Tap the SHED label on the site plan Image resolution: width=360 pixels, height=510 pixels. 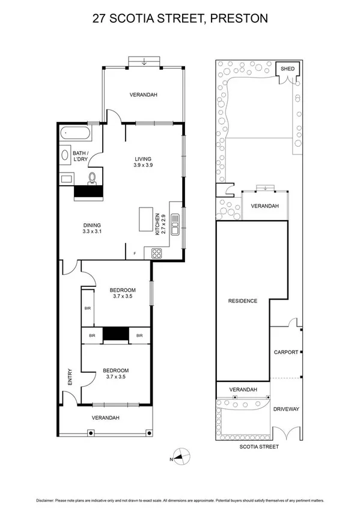pyautogui.click(x=287, y=69)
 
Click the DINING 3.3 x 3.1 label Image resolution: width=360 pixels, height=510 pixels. pyautogui.click(x=94, y=229)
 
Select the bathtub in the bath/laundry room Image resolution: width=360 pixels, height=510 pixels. pyautogui.click(x=76, y=133)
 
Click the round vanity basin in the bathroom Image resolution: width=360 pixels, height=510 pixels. pyautogui.click(x=65, y=156)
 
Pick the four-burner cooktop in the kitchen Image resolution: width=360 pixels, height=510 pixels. pyautogui.click(x=157, y=254)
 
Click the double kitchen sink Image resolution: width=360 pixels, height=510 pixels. pyautogui.click(x=174, y=224)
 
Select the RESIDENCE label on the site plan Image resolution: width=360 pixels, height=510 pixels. pyautogui.click(x=242, y=301)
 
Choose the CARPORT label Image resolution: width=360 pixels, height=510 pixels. pyautogui.click(x=285, y=352)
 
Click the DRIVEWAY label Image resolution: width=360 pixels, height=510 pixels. pyautogui.click(x=285, y=410)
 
